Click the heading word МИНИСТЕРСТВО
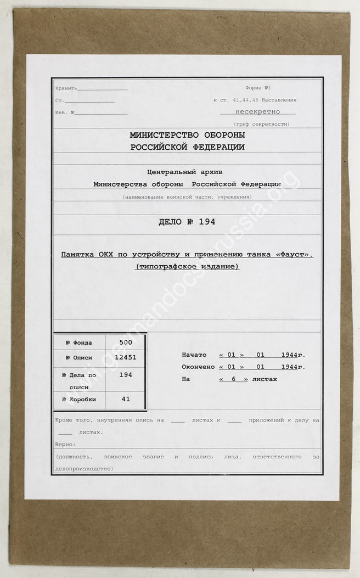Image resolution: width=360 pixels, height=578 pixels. click(159, 135)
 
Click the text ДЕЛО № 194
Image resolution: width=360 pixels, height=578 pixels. click(187, 222)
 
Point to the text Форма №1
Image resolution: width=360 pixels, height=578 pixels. click(258, 88)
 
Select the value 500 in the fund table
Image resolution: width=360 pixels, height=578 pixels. click(126, 341)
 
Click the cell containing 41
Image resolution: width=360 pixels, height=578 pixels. click(126, 399)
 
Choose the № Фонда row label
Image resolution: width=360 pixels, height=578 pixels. click(78, 343)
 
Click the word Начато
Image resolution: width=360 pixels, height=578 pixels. click(194, 355)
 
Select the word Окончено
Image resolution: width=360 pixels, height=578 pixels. click(198, 367)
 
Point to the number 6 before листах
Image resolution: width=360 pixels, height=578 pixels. click(233, 379)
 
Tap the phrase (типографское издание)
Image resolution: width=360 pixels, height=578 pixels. click(187, 267)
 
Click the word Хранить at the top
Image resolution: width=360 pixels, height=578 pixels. click(66, 88)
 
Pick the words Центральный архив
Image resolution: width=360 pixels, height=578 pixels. click(187, 171)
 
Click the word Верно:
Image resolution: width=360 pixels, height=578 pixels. click(66, 444)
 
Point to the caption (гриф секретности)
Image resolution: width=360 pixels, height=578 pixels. click(261, 124)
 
